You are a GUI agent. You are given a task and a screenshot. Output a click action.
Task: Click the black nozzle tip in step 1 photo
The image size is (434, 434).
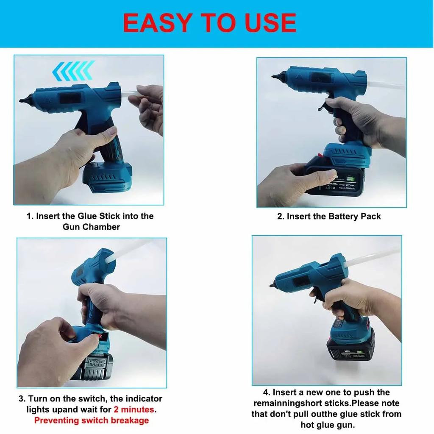tap(22, 101)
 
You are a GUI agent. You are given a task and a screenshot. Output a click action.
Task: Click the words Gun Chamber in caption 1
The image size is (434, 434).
tap(91, 227)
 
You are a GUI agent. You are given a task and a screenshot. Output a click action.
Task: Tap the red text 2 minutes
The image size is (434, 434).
tap(134, 410)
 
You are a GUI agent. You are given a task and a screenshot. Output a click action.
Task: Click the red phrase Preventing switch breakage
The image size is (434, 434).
tap(91, 420)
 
